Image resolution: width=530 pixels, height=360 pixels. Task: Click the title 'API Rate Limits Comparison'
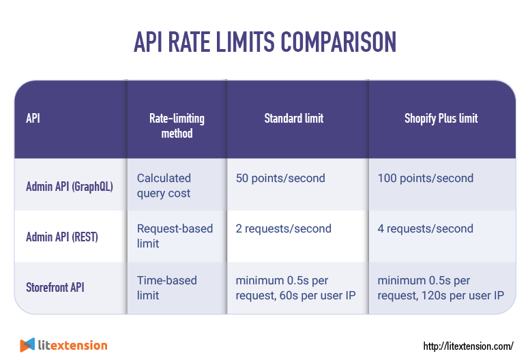265,42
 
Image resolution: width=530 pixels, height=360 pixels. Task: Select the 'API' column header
33,119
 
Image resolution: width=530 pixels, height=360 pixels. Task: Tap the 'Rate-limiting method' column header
177,125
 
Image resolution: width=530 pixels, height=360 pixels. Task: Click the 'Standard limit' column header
294,119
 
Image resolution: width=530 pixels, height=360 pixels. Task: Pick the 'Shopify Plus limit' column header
441,119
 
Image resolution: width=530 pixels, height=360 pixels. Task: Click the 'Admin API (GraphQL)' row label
69,185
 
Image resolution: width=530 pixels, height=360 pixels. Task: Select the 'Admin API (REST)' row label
62,237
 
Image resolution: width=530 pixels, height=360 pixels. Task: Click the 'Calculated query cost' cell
164,185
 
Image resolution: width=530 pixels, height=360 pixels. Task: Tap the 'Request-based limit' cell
175,236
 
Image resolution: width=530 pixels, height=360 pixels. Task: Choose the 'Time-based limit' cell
166,288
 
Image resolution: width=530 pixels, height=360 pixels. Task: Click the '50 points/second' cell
280,179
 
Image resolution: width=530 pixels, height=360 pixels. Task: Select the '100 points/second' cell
425,179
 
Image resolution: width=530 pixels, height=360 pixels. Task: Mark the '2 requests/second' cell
284,229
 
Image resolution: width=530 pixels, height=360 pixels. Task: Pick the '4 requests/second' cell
425,229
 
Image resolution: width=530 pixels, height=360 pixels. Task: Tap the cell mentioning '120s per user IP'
440,288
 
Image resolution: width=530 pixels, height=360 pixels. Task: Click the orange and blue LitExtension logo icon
27,345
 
